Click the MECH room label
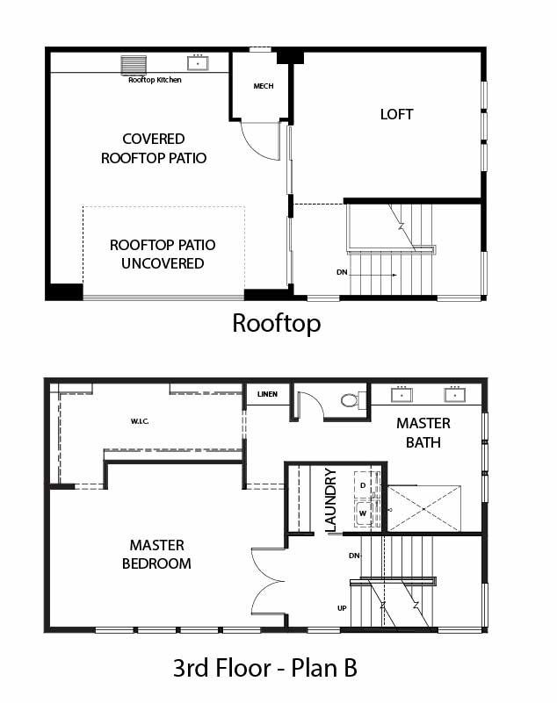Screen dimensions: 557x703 coord(264,86)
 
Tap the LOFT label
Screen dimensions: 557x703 coord(397,114)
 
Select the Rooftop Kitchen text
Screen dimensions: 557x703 coord(155,80)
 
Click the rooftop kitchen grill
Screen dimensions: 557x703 coord(134,65)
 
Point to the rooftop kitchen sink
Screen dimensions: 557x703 coord(198,63)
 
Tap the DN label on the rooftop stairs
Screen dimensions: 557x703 coord(342,272)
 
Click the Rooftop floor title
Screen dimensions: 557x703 coord(277,323)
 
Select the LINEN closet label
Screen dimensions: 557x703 coord(267,394)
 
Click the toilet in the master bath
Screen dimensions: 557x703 coord(353,400)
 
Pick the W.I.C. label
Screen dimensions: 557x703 coord(140,421)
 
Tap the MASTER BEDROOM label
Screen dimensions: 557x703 coord(156,554)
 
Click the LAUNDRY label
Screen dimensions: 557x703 coord(330,499)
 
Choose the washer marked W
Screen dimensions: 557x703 coord(364,513)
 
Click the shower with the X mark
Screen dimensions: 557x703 coord(424,508)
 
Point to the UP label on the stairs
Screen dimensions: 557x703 coord(342,608)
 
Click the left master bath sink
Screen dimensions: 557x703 coord(401,395)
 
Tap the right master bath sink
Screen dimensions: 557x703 coord(455,395)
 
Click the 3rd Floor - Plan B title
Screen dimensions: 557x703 coord(265,668)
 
